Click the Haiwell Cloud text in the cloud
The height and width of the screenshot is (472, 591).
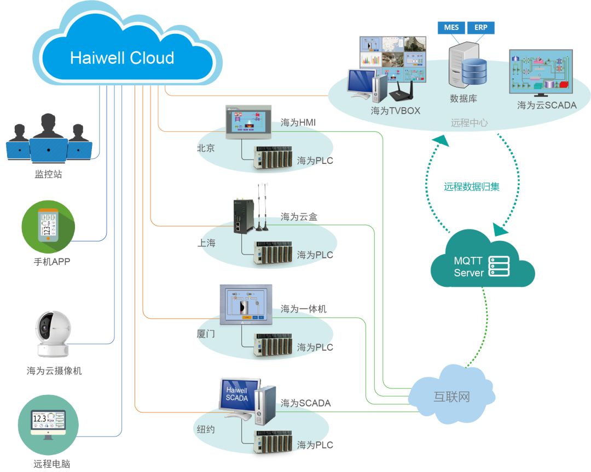[x=122, y=58]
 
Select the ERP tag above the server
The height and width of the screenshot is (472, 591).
[x=480, y=27]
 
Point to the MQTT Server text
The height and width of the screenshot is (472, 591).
[x=468, y=267]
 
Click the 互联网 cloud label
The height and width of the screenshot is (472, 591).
[x=451, y=396]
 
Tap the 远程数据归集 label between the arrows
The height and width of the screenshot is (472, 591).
[x=472, y=186]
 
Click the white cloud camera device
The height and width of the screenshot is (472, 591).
[x=53, y=333]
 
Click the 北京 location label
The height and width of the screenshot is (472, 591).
[x=206, y=148]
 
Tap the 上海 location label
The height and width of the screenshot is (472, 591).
[x=206, y=243]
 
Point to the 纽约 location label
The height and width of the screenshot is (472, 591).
[x=206, y=429]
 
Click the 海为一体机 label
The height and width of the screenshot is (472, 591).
[x=304, y=309]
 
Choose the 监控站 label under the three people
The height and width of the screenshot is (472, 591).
[x=49, y=175]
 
